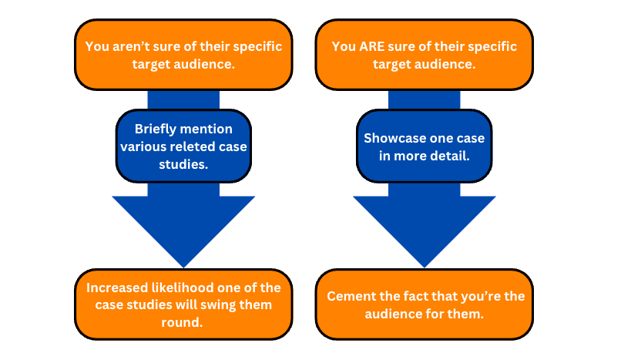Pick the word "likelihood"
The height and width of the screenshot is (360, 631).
point(183,288)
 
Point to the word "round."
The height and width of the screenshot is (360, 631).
point(182,322)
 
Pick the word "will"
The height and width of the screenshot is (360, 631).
point(186,304)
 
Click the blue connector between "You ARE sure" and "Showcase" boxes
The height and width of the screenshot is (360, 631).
point(425,100)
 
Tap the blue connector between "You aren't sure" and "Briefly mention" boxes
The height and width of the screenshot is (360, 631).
point(183,100)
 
